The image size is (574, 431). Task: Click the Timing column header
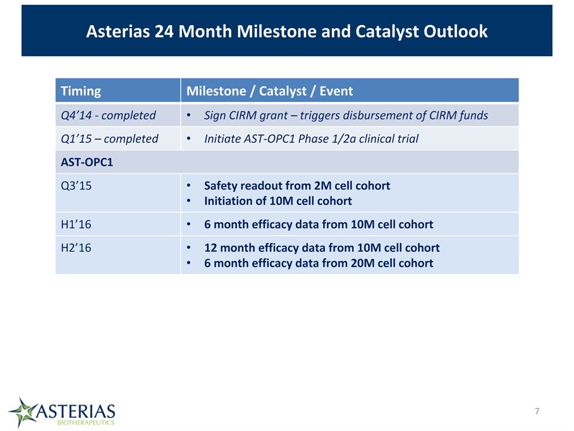[x=81, y=91]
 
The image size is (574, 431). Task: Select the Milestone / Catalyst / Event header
[x=270, y=91]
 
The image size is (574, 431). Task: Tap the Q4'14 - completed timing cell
[x=108, y=116]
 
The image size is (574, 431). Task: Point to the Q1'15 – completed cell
[x=109, y=139]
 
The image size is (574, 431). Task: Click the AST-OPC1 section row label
[x=87, y=162]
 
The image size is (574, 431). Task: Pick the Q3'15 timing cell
[x=76, y=186]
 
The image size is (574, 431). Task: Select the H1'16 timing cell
[x=76, y=224]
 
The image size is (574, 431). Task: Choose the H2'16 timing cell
[x=76, y=248]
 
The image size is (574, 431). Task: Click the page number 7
[x=537, y=411]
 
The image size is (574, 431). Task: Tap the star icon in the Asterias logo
[x=23, y=412]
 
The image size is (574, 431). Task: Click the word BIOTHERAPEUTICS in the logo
[x=86, y=422]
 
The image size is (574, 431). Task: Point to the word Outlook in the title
[x=456, y=32]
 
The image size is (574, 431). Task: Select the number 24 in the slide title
[x=164, y=32]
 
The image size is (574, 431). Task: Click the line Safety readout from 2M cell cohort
[x=297, y=186]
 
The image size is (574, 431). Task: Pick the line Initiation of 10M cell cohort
[x=278, y=201]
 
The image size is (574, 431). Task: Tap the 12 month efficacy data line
[x=322, y=248]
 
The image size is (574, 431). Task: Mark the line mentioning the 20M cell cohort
[x=319, y=263]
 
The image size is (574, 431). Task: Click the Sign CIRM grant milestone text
[x=346, y=116]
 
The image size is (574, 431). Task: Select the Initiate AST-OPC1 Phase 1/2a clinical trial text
[x=311, y=139]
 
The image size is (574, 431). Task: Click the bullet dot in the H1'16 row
[x=188, y=224]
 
